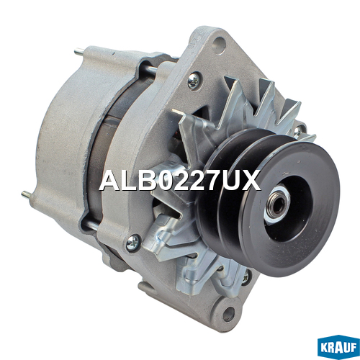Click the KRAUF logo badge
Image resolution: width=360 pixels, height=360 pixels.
click(x=338, y=347)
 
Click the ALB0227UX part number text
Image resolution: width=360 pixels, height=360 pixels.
click(x=180, y=180)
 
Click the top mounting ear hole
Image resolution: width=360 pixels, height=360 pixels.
click(x=220, y=45)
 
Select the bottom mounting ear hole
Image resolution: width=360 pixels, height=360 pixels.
click(x=229, y=313)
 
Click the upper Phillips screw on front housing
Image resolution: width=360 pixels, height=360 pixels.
click(x=194, y=80)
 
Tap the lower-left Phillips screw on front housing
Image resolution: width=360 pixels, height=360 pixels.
click(x=132, y=243)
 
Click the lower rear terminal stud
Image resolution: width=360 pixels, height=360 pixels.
click(x=27, y=195)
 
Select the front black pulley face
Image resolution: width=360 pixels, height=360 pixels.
click(x=290, y=208)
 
